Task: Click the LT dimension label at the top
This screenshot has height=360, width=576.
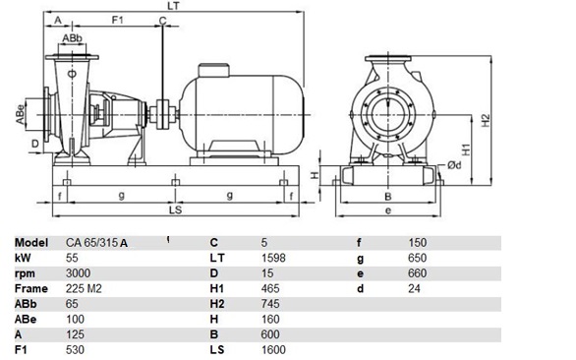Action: tap(173, 6)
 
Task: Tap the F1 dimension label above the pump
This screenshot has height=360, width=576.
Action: tap(118, 20)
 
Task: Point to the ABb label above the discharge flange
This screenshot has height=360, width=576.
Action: tap(72, 38)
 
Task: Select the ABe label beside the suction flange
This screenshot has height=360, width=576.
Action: tap(20, 115)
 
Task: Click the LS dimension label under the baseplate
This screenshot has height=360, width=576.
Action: tap(175, 210)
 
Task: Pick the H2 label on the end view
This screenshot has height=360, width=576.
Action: tap(486, 121)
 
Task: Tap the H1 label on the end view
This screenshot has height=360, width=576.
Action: tap(466, 150)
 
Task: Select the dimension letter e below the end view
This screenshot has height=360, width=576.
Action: tap(388, 210)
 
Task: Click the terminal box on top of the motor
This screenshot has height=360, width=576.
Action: tap(214, 71)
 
